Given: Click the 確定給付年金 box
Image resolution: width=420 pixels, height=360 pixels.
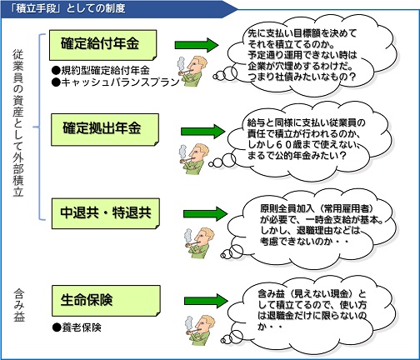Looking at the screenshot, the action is pos(103,45).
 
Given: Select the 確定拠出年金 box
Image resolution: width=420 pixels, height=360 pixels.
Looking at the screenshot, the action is pos(105,129).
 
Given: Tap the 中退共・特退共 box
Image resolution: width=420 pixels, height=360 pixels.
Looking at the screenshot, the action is pos(106,213).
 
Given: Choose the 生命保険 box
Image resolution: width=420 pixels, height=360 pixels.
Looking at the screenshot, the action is pos(106,301).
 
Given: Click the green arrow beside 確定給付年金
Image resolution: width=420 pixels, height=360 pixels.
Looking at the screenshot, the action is pos(197,45).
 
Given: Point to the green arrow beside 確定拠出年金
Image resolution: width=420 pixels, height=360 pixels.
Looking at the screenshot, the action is pos(202,131).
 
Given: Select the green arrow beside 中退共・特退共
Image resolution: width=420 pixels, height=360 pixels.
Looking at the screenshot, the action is pos(205,213).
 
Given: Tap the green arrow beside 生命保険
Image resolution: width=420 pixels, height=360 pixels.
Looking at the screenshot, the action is pos(206,301).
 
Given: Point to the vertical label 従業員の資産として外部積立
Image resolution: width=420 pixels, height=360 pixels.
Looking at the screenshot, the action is pos(18,123).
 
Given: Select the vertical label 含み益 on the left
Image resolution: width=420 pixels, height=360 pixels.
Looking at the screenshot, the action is pos(19,306).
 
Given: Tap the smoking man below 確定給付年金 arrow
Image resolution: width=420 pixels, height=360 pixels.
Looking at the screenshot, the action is pos(192,72).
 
